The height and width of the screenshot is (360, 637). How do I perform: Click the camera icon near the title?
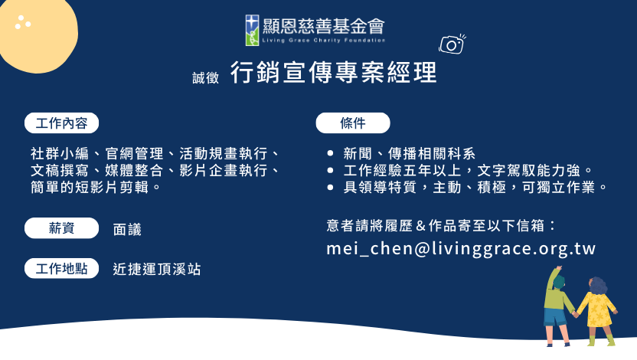click(452, 44)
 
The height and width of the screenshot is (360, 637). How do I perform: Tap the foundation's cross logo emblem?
click(252, 30)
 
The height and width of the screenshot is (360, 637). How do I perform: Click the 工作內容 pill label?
click(61, 123)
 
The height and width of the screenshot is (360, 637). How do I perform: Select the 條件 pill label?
click(353, 123)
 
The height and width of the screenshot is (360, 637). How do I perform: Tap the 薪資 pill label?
click(61, 228)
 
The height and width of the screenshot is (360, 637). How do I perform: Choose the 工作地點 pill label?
click(61, 268)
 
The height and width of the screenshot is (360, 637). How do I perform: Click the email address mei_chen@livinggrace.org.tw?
click(461, 248)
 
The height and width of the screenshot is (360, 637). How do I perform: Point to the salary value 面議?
click(127, 230)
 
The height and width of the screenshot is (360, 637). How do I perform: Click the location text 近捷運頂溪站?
click(157, 269)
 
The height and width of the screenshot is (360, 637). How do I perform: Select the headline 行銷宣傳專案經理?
click(334, 72)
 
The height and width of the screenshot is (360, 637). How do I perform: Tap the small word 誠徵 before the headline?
click(205, 77)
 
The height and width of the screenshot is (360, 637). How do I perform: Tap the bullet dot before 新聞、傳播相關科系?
click(330, 154)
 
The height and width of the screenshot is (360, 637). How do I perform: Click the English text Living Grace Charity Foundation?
click(323, 41)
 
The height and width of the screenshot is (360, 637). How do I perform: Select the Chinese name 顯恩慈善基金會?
click(323, 26)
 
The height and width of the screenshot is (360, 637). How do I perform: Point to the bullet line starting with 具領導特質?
click(475, 187)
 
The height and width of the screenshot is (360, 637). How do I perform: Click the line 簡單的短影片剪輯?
click(96, 187)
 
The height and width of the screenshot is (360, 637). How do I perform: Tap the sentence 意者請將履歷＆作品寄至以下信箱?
click(441, 225)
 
